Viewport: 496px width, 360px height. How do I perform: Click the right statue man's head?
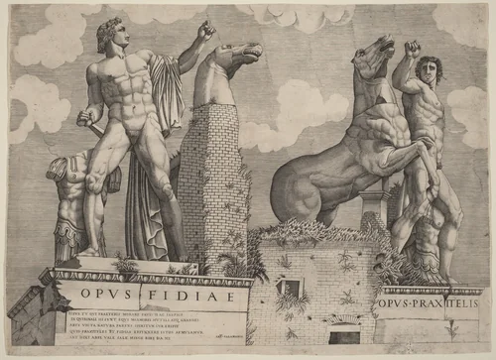(x=426, y=69)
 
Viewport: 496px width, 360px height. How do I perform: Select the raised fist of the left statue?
(x=205, y=32)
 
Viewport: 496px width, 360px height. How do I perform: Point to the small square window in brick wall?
(x=292, y=289)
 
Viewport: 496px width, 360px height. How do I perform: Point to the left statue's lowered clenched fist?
(x=83, y=118)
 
